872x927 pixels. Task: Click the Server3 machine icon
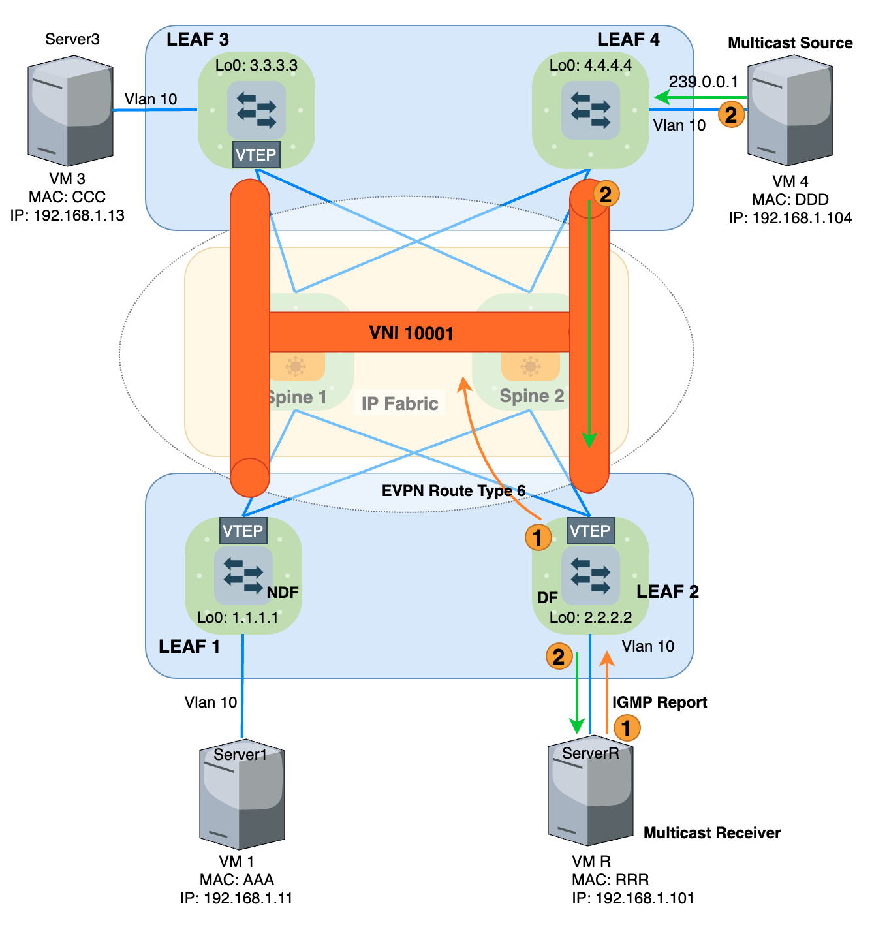click(x=70, y=111)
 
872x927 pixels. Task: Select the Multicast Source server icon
click(x=790, y=111)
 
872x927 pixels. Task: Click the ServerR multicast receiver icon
click(x=590, y=793)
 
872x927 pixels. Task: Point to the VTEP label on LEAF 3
click(x=256, y=155)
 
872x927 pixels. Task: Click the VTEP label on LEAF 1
click(x=243, y=531)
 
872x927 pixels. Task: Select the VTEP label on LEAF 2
click(x=590, y=531)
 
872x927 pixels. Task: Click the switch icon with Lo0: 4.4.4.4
click(x=590, y=110)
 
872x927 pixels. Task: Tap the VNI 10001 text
click(x=411, y=333)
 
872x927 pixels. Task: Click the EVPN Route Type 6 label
click(x=453, y=491)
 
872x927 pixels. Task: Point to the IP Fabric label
click(x=399, y=403)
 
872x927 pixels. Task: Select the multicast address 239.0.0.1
click(x=703, y=82)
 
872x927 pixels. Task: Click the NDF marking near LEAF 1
click(x=283, y=592)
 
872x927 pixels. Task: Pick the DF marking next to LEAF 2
click(x=547, y=597)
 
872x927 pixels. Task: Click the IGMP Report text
click(x=659, y=702)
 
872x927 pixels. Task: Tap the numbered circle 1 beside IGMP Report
click(x=627, y=727)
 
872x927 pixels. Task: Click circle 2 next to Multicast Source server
click(x=731, y=115)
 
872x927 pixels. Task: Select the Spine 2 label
click(x=531, y=396)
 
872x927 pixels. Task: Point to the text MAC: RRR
click(x=610, y=879)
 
